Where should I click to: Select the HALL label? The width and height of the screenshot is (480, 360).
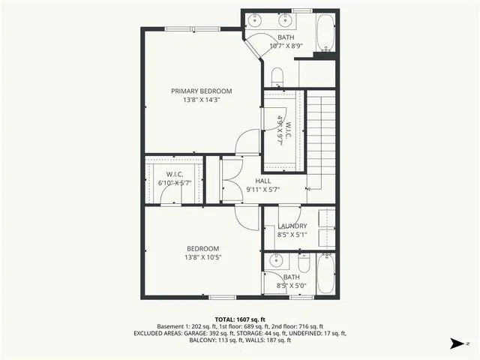click(x=262, y=181)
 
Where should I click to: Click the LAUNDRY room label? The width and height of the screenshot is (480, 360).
click(x=292, y=226)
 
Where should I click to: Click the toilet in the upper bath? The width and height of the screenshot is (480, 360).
click(x=276, y=76)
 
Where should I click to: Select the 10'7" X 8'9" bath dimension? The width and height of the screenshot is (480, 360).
click(x=286, y=46)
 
